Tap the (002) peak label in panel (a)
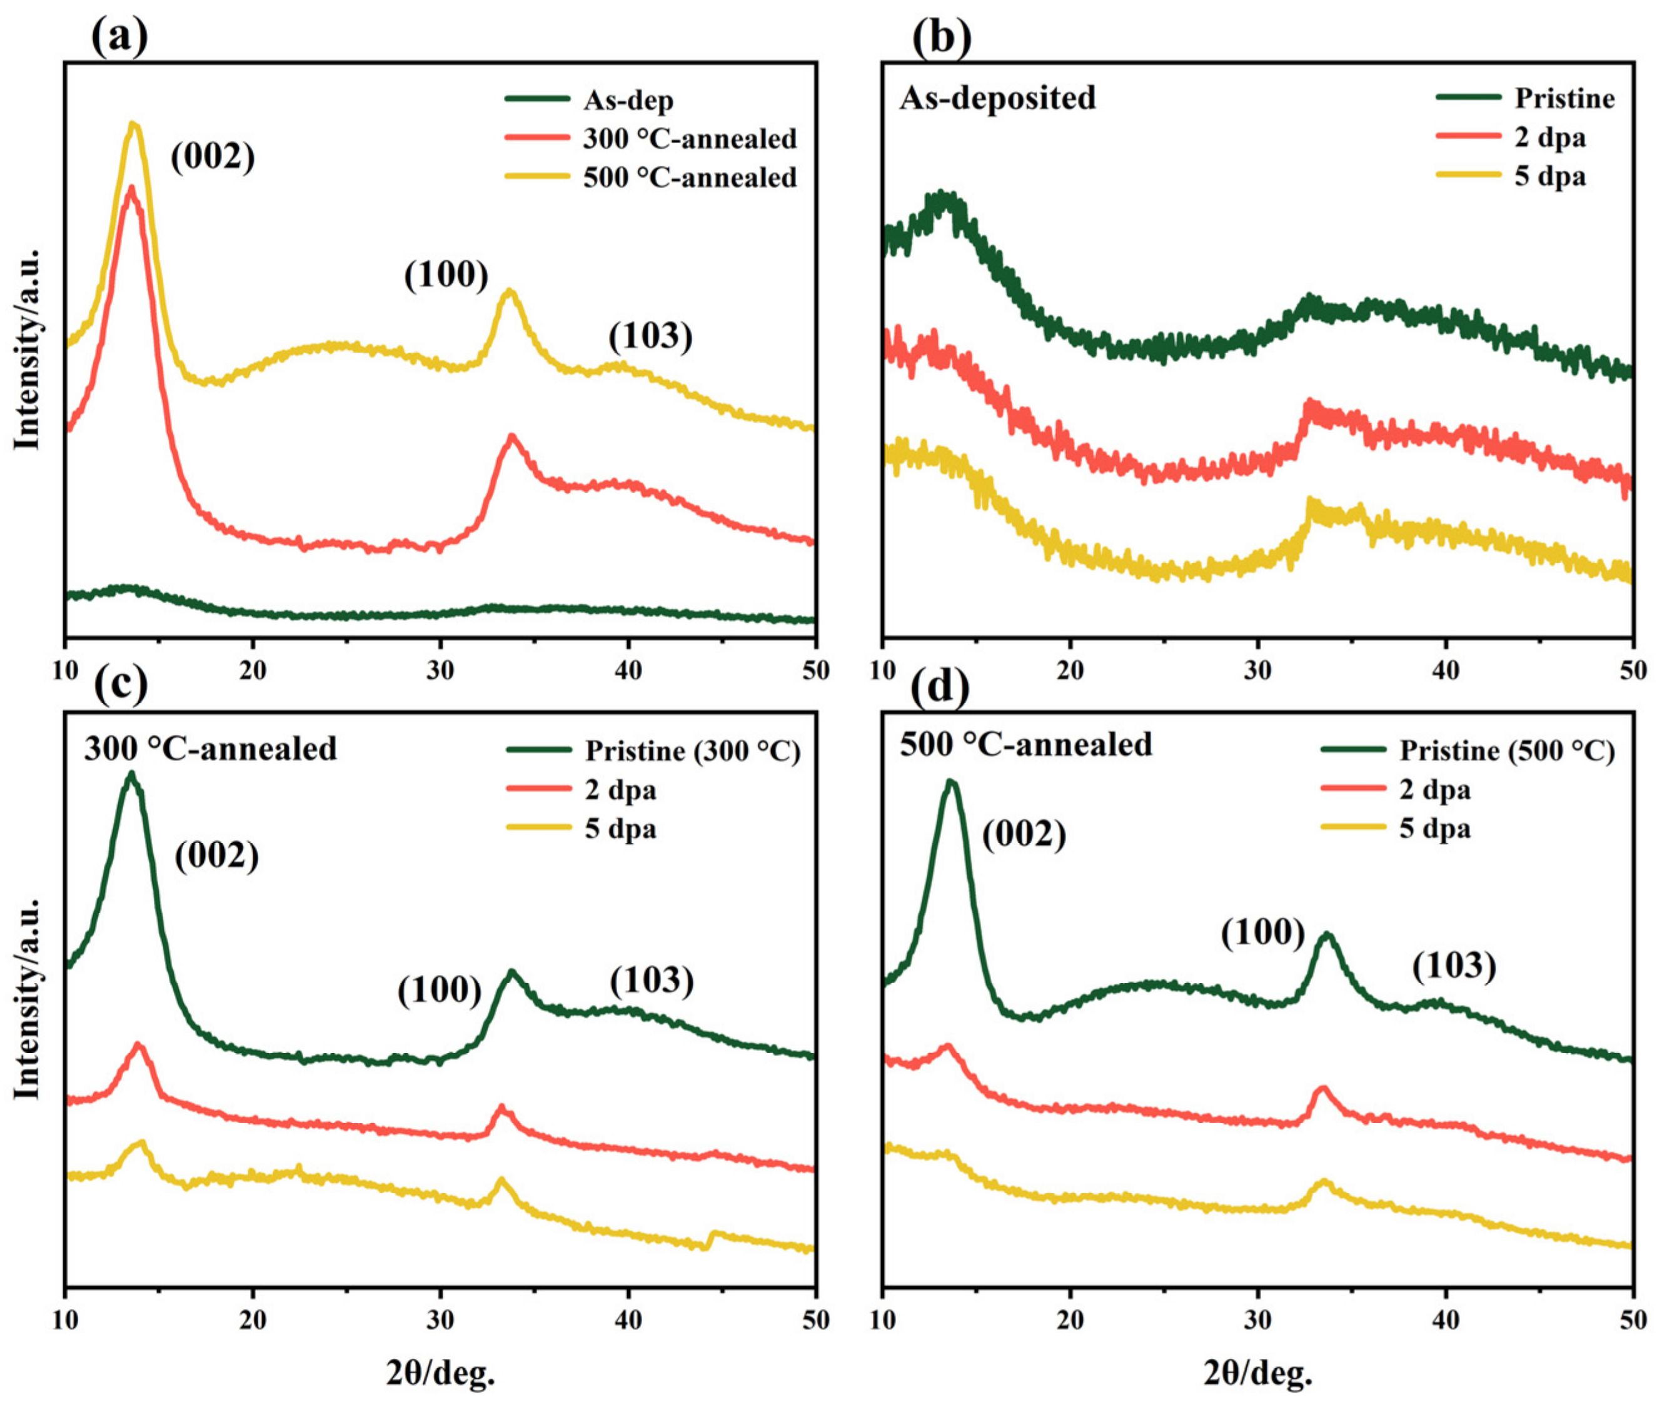coord(212,156)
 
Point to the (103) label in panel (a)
coord(650,336)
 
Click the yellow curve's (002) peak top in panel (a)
coord(134,124)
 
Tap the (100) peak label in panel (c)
coord(440,991)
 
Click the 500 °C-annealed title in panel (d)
coord(1025,744)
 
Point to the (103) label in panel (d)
coord(1453,967)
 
